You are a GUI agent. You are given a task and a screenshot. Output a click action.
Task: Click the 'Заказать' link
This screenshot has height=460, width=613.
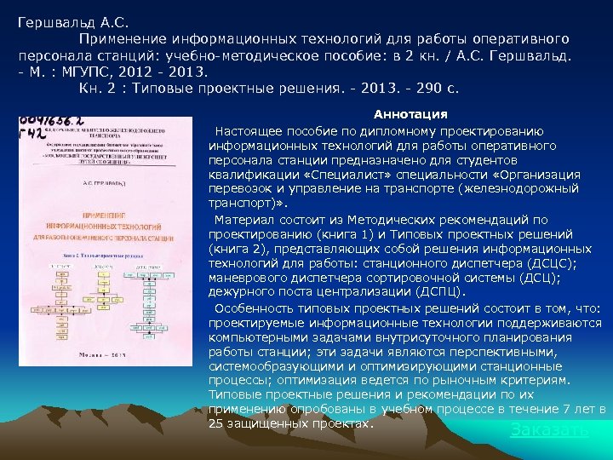(x=549, y=429)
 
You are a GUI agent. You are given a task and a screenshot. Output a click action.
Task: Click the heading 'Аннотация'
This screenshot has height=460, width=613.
(x=410, y=114)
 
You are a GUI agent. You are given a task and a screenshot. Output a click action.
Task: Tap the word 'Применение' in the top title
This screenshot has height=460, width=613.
(x=122, y=39)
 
